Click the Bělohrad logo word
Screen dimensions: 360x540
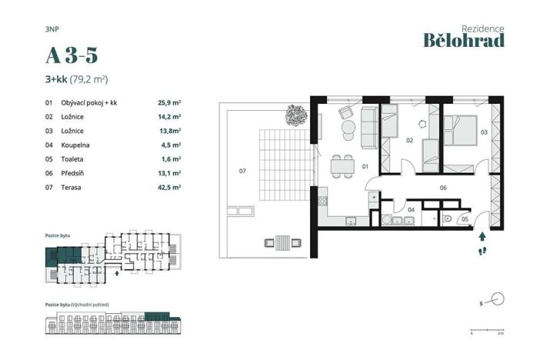click(464, 40)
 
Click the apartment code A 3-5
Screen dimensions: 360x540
click(72, 55)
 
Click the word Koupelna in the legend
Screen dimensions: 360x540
click(76, 145)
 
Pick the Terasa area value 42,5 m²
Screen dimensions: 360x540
click(168, 187)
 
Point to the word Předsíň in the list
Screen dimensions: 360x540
click(75, 173)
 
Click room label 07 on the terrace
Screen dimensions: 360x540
click(242, 170)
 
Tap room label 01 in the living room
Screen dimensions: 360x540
click(366, 166)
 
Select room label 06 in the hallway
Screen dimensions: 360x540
click(444, 187)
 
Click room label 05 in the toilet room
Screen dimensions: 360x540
click(465, 219)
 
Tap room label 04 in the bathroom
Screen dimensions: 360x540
click(411, 208)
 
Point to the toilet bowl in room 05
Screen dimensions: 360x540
click(447, 218)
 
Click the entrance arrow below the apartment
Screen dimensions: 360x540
click(482, 238)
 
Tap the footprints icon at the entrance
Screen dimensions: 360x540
click(482, 251)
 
